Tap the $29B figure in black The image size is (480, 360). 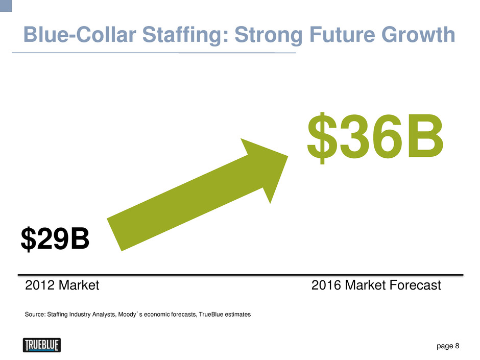point(55,239)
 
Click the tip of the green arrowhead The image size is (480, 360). point(288,156)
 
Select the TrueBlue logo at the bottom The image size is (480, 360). point(42,345)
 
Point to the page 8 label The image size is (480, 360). point(448,346)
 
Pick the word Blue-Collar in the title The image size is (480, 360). point(80,34)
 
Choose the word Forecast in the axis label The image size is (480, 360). point(416,285)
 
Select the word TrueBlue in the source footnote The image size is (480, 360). point(211,315)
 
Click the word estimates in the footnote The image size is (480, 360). point(238,315)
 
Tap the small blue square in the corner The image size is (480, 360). point(6,6)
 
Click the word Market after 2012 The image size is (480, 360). point(79,285)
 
